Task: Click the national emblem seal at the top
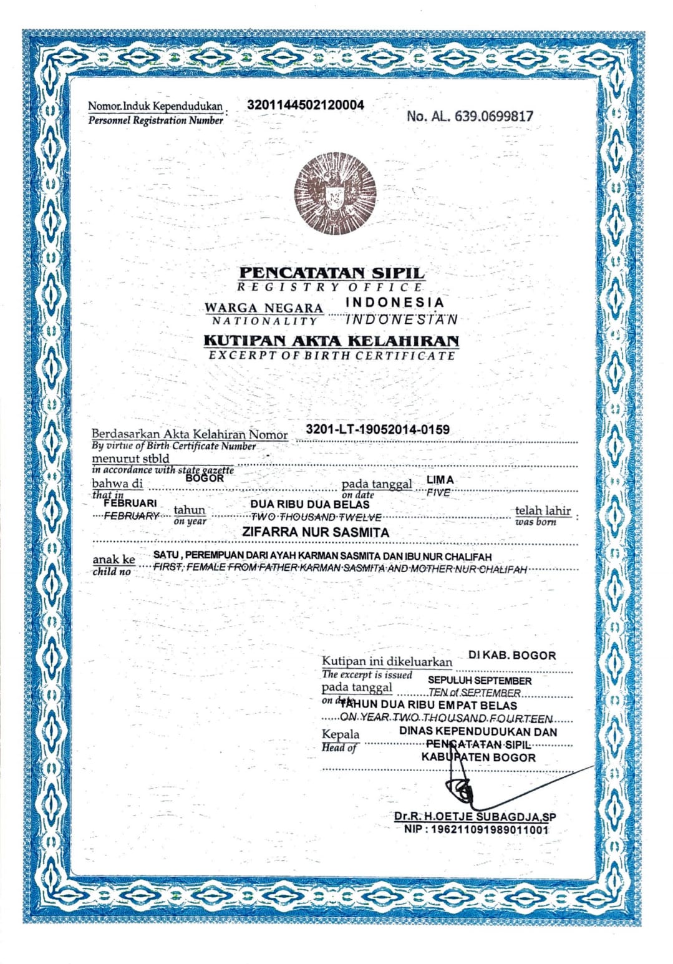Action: point(336,194)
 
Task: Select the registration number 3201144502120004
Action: point(306,105)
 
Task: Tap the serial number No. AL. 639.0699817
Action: point(470,115)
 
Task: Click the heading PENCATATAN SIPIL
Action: point(332,273)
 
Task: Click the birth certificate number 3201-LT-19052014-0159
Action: point(377,429)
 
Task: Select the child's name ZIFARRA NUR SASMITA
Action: point(315,532)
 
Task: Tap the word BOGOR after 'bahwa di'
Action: point(205,478)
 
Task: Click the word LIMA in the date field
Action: point(440,480)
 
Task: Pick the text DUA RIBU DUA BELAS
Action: point(310,504)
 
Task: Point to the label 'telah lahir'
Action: point(543,510)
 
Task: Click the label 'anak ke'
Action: point(114,560)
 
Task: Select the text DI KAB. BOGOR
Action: point(511,655)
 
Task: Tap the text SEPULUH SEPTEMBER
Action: point(480,680)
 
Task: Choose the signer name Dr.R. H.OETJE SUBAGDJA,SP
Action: point(475,816)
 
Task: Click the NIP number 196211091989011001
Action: point(476,829)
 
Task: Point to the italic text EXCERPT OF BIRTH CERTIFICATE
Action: point(332,356)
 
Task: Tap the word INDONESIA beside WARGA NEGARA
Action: point(395,302)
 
